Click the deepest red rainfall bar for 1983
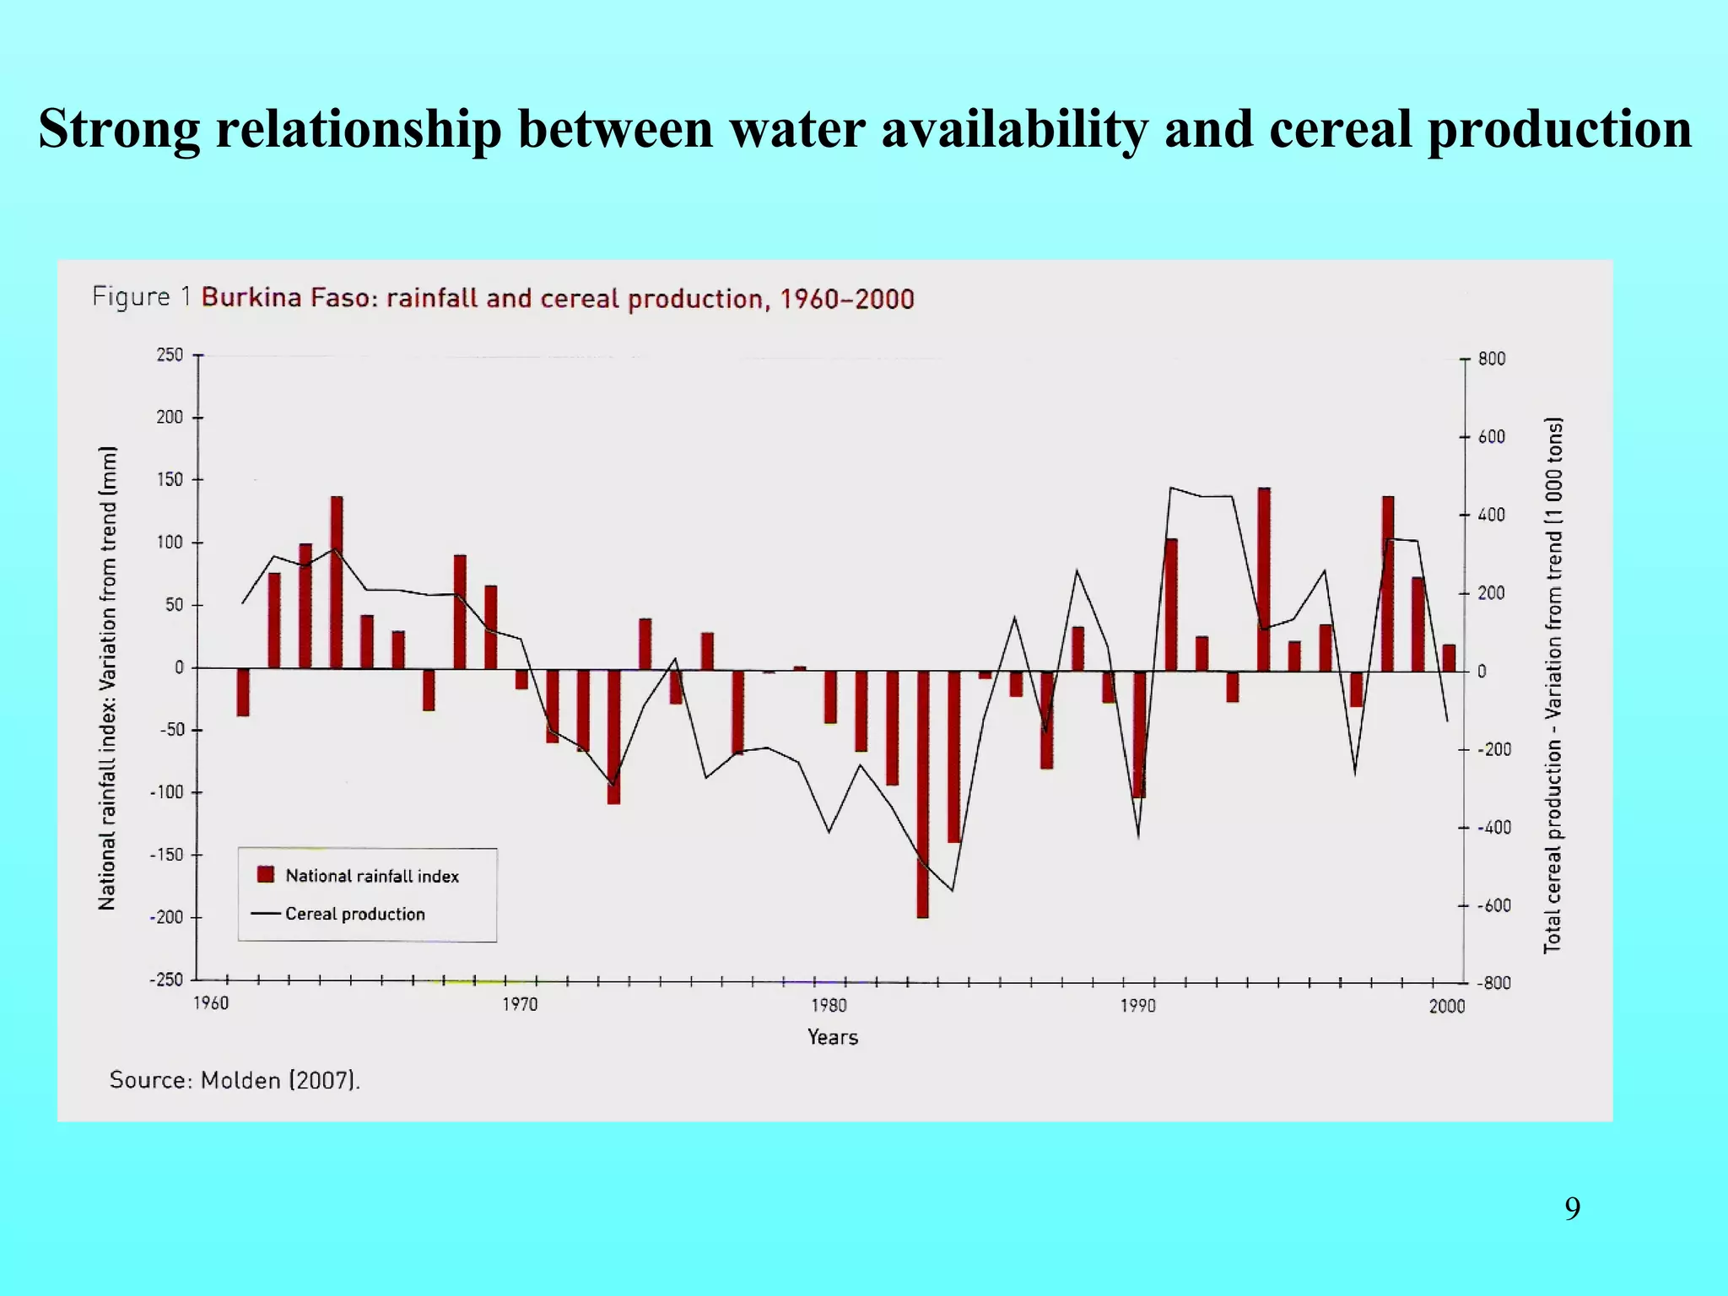922,793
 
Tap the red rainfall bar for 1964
337,582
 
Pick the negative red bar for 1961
243,692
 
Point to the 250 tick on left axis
170,355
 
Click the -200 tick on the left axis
166,917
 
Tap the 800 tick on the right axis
1491,359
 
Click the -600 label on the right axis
1493,905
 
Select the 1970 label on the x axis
520,1005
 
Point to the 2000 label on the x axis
1446,1006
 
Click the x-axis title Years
832,1037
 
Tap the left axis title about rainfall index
107,678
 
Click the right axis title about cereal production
1553,685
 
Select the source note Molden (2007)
235,1080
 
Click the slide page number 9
1572,1209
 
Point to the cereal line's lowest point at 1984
953,890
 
